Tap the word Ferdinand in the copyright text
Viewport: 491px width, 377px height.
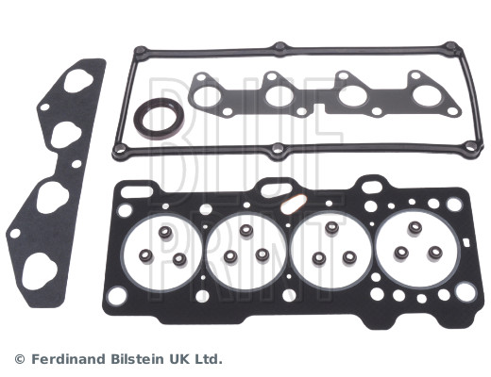click(x=69, y=359)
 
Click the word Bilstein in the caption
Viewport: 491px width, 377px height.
click(x=137, y=359)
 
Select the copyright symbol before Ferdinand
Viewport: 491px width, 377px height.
click(x=20, y=359)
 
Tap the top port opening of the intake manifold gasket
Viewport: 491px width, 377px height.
click(x=78, y=81)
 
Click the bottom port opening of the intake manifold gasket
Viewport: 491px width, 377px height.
click(x=40, y=271)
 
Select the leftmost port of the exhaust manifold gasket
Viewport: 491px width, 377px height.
click(x=207, y=96)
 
